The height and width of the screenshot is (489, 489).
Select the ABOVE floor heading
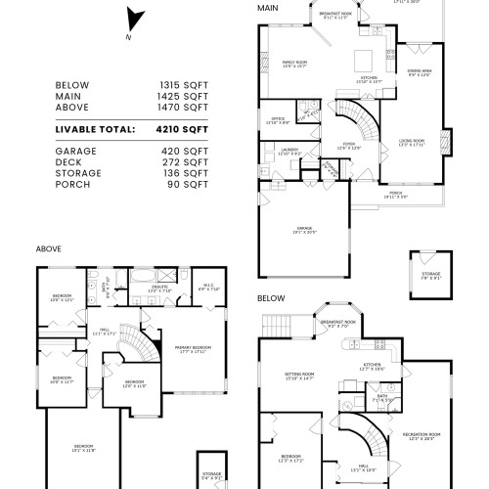(x=49, y=248)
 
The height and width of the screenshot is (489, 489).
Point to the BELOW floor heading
(x=271, y=297)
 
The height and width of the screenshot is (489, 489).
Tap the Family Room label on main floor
(x=295, y=62)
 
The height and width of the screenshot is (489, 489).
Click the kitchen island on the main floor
(x=363, y=55)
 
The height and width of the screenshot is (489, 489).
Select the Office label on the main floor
(x=278, y=120)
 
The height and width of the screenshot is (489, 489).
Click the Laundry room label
(x=290, y=152)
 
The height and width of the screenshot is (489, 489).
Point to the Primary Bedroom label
(x=190, y=349)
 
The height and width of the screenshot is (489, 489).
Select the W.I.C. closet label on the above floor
(x=208, y=288)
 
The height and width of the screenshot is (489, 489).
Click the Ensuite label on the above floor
(x=159, y=289)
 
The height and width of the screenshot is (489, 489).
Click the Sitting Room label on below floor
(x=298, y=376)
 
